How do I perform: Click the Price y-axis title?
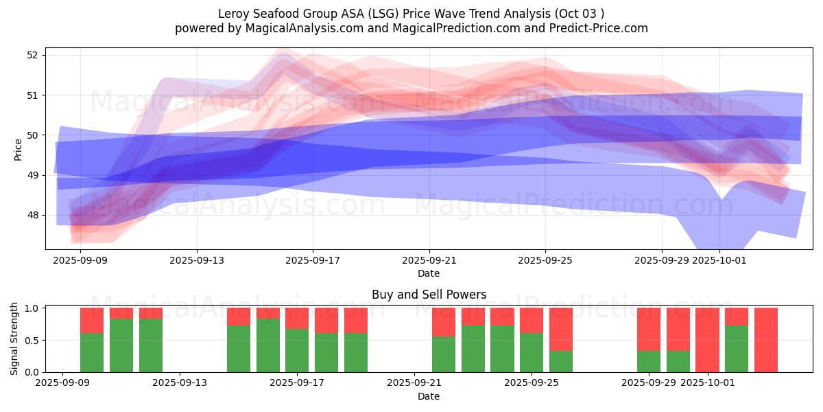click(19, 149)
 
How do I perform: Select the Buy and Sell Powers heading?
click(429, 295)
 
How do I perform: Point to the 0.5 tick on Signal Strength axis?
click(31, 341)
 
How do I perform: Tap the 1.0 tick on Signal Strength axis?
click(31, 308)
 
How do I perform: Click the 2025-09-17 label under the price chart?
click(313, 260)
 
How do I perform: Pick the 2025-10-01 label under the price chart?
click(719, 260)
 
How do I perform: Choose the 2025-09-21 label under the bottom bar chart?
click(414, 382)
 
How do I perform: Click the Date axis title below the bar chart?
click(429, 396)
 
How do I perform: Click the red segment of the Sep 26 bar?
click(561, 329)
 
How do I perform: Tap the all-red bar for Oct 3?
click(766, 340)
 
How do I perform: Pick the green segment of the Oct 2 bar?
click(737, 349)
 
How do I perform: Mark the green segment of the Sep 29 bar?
click(649, 361)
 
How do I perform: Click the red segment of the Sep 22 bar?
click(444, 321)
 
